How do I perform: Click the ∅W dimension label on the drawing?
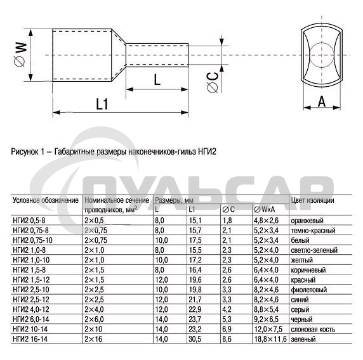coord(20,55)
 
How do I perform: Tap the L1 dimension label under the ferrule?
coord(102,104)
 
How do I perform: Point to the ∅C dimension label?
coord(213,82)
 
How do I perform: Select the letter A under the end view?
coord(322,101)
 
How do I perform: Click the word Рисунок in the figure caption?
coord(25,151)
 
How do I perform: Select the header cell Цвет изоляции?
coord(312,200)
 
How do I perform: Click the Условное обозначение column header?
coord(46,200)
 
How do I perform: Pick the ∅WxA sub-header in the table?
coord(264,210)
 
